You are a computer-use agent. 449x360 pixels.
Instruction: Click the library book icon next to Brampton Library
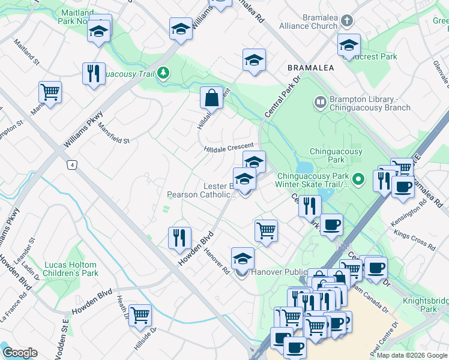tap(319, 103)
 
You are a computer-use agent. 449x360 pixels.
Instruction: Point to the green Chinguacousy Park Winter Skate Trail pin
tap(358, 179)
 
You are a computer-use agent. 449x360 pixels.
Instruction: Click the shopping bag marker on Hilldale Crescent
tap(212, 98)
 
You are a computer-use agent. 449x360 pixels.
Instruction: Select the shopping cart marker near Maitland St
tap(50, 92)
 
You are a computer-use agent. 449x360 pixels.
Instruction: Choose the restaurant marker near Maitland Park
tap(93, 73)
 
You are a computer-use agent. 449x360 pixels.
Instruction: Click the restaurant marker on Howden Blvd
tap(179, 237)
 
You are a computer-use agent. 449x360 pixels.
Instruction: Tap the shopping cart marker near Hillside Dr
tap(140, 314)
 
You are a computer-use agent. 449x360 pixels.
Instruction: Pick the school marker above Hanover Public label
tap(243, 259)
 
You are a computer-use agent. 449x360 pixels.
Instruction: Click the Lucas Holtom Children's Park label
tap(70, 269)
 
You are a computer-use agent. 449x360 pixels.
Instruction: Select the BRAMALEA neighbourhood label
tap(310, 68)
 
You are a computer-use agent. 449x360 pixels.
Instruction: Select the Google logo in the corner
tap(20, 353)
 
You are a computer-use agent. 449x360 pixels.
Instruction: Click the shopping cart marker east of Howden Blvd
tap(266, 229)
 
